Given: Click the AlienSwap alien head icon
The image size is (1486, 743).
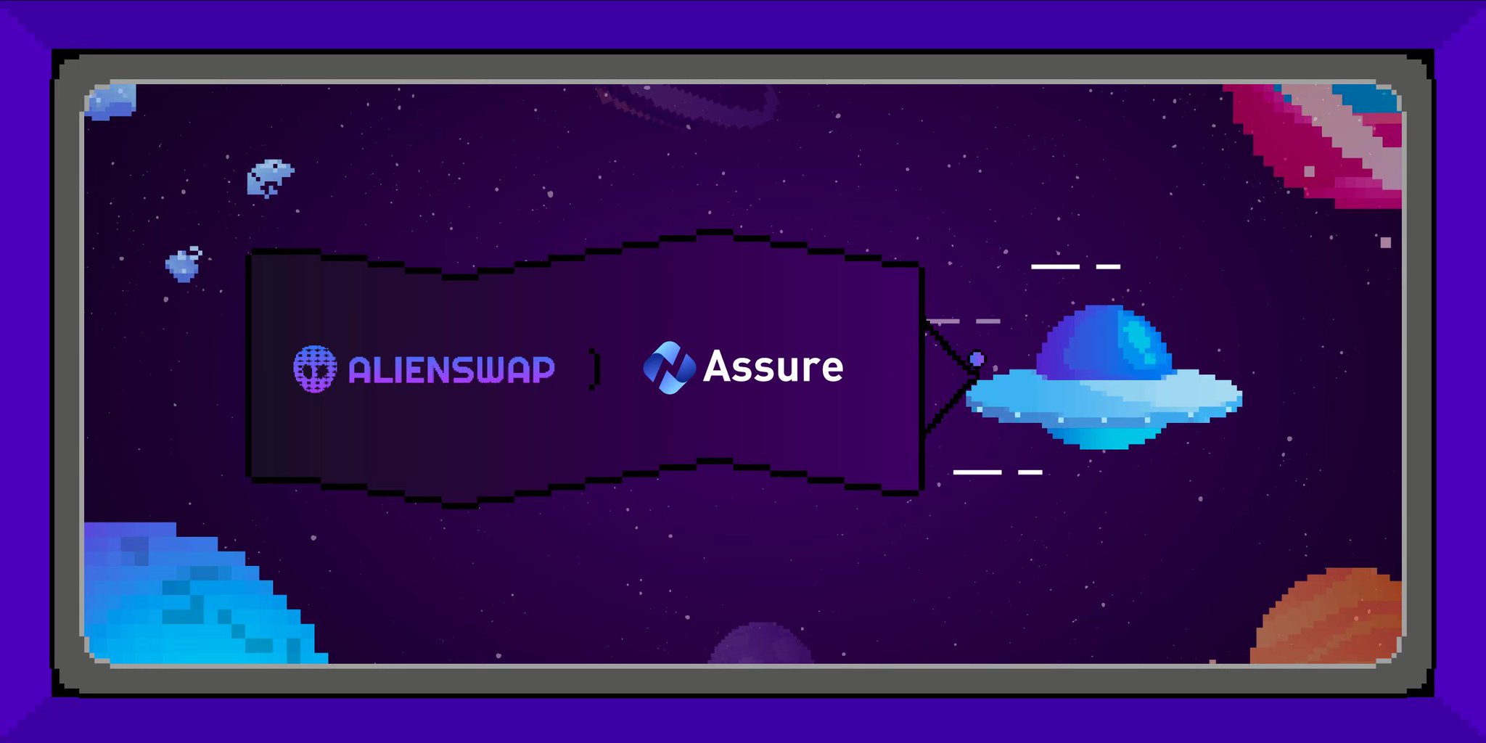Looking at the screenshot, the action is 315,369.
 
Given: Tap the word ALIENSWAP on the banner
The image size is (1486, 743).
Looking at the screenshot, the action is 451,370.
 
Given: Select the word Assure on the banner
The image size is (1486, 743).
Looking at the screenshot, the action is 773,366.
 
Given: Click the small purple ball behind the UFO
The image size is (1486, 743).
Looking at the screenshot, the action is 977,358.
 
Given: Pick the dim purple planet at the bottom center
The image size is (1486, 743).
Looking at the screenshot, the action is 760,646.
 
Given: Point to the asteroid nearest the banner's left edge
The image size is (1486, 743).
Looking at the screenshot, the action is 183,264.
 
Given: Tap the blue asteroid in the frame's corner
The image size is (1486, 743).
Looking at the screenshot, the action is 110,101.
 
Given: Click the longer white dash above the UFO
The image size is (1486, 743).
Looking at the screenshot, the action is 1055,266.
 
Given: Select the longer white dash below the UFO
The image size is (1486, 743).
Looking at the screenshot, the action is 977,472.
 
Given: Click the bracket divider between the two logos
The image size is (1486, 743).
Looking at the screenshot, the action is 595,369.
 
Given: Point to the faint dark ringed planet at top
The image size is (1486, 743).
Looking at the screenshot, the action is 689,105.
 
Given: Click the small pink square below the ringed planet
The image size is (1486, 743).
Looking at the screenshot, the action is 1385,242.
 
